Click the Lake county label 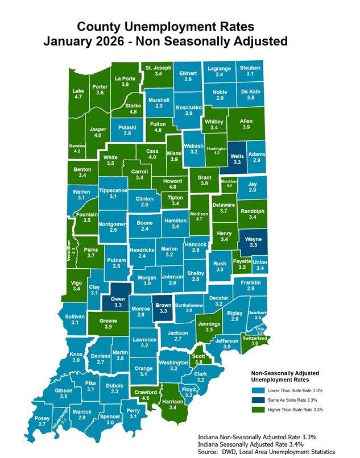[78, 91]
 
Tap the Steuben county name [250, 68]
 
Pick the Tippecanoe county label [113, 191]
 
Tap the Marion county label [169, 249]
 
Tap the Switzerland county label [254, 339]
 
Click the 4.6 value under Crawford [146, 399]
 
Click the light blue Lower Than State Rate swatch [258, 390]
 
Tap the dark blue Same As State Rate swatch [258, 400]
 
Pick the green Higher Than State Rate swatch [258, 410]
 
